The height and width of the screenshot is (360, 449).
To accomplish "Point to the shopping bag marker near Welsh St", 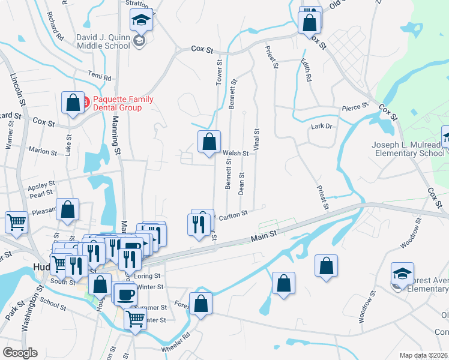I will pos(209,143).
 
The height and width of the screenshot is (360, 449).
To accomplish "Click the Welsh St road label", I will pos(236,154).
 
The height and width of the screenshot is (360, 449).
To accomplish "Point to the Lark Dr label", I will pos(322,126).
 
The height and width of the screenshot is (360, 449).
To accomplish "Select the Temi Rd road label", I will pos(100,77).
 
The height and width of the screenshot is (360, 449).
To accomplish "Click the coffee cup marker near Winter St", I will pos(125,295).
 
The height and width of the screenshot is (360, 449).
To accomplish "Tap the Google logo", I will pos(20,353).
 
